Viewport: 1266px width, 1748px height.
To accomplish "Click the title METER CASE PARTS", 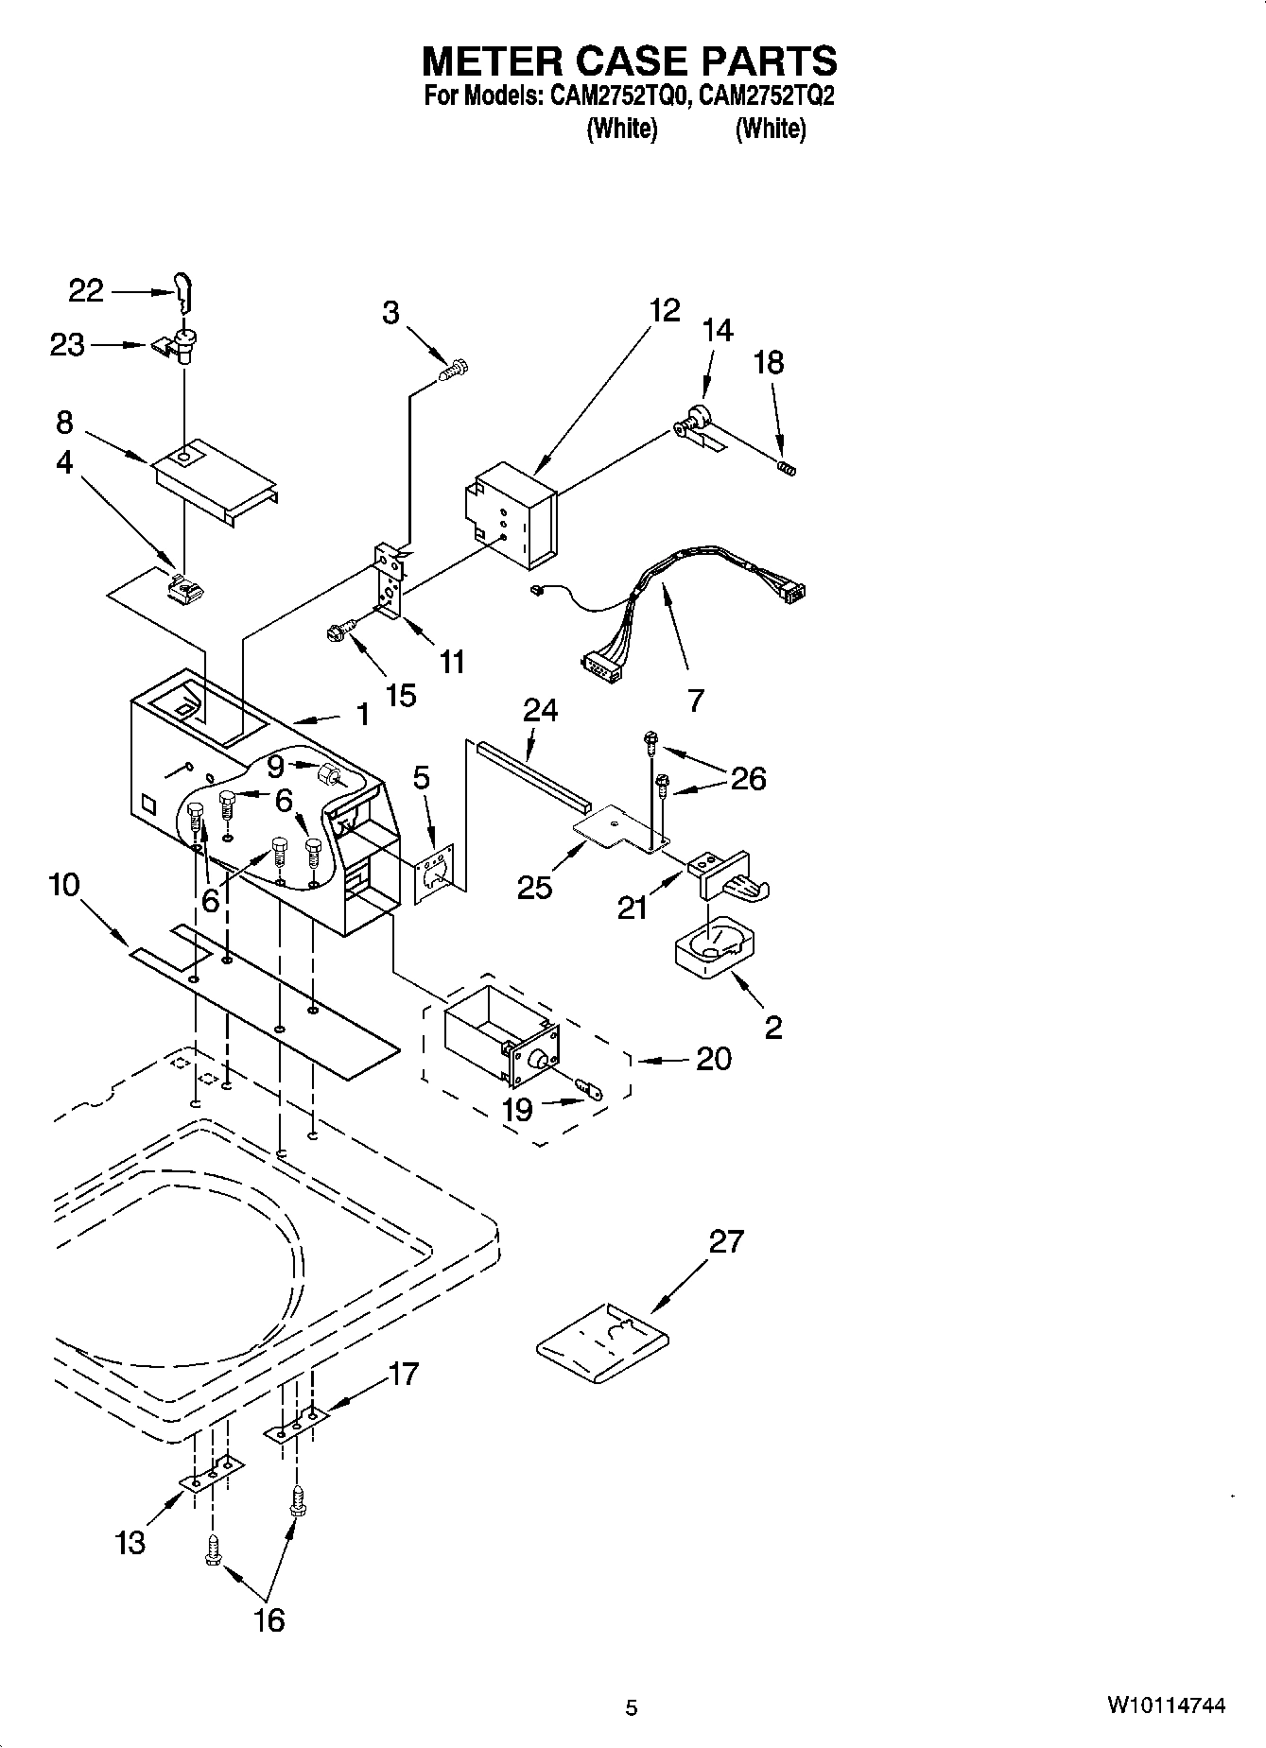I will (629, 61).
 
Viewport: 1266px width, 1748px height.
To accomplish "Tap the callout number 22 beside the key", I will (86, 291).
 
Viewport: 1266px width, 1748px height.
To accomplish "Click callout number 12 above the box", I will (665, 310).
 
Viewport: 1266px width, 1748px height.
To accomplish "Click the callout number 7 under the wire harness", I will (695, 700).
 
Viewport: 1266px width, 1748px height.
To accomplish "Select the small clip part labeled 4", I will (184, 590).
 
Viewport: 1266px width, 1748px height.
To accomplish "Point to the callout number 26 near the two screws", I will (747, 778).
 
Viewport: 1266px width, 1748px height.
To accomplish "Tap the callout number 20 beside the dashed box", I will (713, 1059).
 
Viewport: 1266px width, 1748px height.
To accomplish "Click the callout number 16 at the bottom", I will (269, 1619).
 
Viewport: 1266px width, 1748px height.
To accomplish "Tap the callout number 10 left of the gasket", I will (64, 886).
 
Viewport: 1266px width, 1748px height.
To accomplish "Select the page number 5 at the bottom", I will (632, 1707).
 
